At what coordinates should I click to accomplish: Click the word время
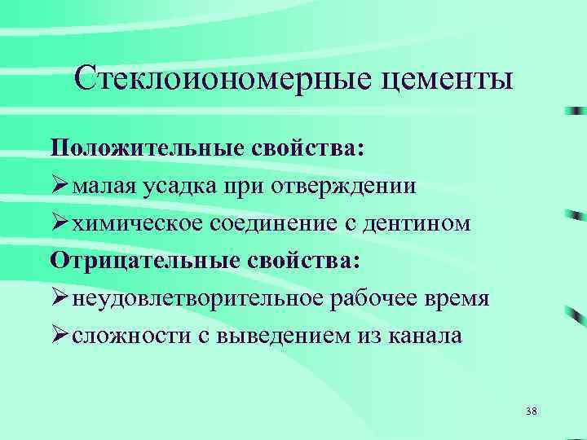click(457, 299)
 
